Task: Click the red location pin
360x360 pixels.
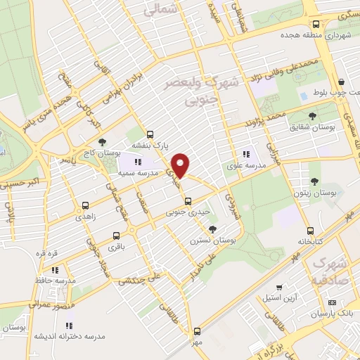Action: [x=181, y=165]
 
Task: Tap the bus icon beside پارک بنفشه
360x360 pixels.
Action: [x=150, y=134]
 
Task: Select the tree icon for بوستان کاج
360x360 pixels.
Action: [x=102, y=142]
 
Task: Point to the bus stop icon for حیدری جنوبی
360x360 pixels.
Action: [x=187, y=201]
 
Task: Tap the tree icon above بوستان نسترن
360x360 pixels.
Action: [x=213, y=229]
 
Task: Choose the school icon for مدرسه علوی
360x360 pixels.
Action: [x=245, y=154]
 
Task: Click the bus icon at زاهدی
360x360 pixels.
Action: [x=86, y=206]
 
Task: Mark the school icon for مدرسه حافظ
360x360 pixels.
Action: [x=55, y=269]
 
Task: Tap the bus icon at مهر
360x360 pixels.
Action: [x=196, y=330]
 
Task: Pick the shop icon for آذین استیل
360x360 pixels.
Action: [x=281, y=287]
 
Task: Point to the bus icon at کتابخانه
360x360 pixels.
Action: [x=309, y=230]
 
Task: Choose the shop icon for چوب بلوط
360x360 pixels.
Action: [x=341, y=81]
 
